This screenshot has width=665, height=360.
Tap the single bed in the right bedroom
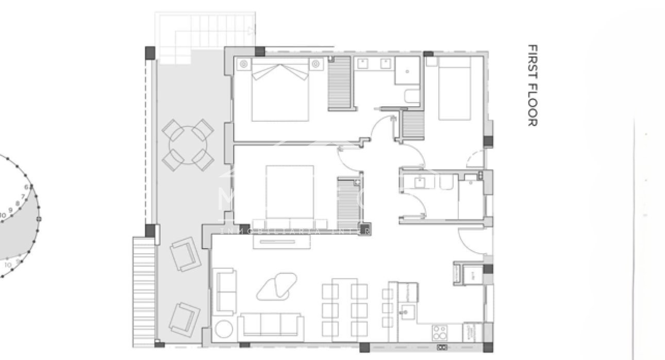tap(454, 89)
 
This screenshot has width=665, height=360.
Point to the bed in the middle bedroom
tap(290, 192)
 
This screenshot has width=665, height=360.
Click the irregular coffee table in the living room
tap(277, 286)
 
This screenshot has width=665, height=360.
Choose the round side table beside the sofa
tap(224, 330)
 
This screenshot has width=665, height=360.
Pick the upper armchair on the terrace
tap(184, 254)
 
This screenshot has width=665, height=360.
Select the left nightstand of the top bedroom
tap(244, 64)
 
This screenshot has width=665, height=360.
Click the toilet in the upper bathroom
tap(413, 97)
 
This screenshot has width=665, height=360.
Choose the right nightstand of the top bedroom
tap(316, 64)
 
